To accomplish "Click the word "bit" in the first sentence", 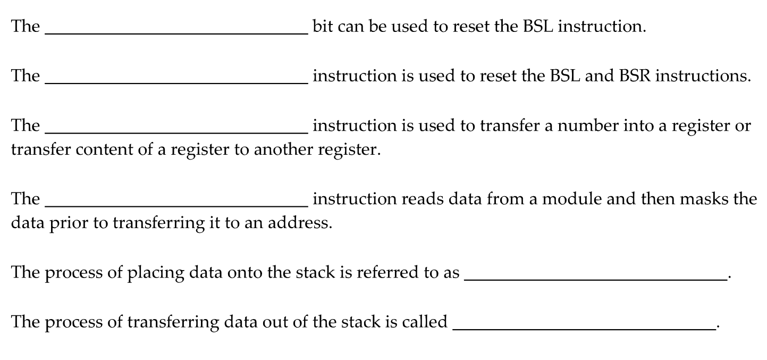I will click(322, 26).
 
